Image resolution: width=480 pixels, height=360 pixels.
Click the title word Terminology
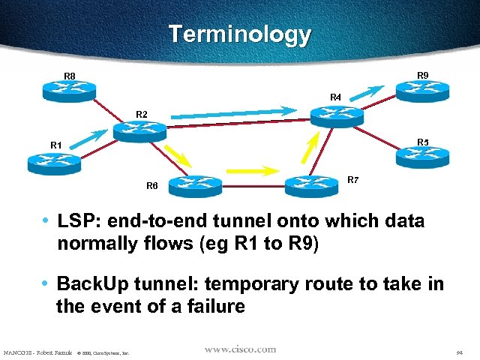coord(239,34)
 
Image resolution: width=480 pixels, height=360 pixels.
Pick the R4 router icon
coord(337,115)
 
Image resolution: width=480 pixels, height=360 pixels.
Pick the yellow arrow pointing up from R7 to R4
coord(316,150)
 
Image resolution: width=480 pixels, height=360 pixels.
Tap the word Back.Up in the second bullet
coord(95,284)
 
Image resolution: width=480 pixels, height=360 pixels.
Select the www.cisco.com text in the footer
coord(240,349)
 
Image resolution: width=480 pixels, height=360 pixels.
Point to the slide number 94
coord(458,352)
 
